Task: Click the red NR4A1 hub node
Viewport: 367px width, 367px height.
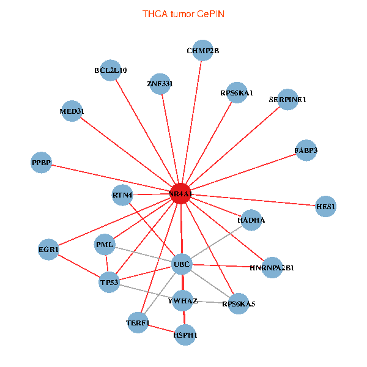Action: tap(180, 193)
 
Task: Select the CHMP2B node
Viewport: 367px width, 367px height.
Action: tap(202, 50)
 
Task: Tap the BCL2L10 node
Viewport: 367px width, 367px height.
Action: tap(111, 70)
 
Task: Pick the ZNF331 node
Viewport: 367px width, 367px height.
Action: tap(160, 84)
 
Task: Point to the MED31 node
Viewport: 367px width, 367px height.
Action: tap(72, 111)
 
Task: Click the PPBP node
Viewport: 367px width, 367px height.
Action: tap(41, 163)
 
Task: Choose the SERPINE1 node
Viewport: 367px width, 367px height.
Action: tap(287, 100)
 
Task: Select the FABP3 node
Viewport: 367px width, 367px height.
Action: tap(306, 150)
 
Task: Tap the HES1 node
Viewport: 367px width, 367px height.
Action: tap(325, 207)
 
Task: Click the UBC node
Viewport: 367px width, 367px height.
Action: tap(182, 264)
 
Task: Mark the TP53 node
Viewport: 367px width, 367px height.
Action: tap(109, 282)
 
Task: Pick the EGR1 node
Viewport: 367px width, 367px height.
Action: tap(48, 250)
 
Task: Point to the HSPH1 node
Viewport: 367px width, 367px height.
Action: tap(185, 335)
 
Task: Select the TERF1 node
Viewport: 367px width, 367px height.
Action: tap(138, 322)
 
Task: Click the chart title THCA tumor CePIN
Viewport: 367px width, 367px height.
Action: tap(183, 14)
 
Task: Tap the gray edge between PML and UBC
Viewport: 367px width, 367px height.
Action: tap(143, 254)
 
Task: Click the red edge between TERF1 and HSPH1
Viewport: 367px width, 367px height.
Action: tap(161, 328)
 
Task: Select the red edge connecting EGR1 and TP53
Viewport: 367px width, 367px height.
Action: tap(79, 266)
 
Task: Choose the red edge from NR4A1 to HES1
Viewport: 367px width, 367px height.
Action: tap(253, 200)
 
